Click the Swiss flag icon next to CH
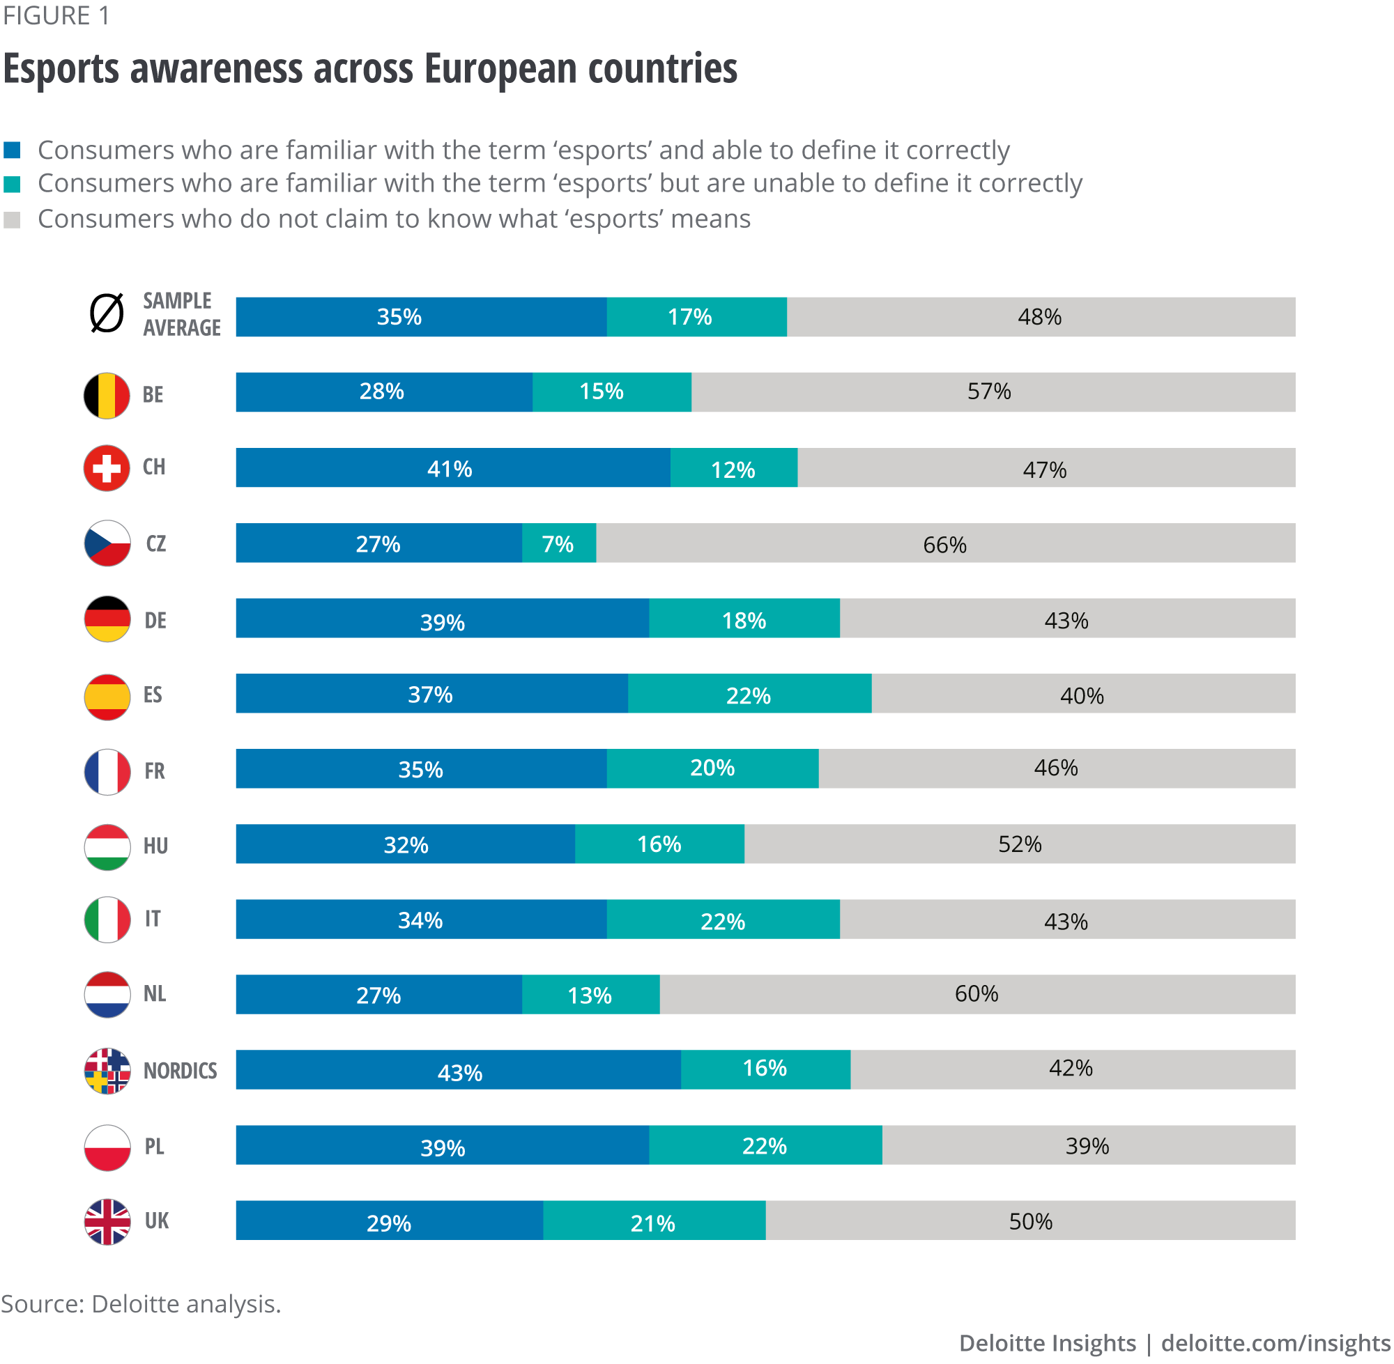point(107,469)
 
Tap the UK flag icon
point(107,1221)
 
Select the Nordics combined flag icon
point(107,1070)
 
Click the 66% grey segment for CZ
point(945,543)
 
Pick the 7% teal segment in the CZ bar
point(558,543)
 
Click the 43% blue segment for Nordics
point(459,1070)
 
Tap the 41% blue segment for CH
point(452,468)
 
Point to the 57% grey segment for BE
point(993,392)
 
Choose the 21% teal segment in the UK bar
point(654,1220)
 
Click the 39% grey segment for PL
point(1088,1145)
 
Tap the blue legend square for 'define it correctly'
point(12,150)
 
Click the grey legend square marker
point(12,220)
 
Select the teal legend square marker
point(12,185)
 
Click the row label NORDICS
point(180,1070)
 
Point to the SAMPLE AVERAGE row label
point(181,313)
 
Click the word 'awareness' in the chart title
point(216,70)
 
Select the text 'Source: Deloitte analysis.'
point(141,1304)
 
